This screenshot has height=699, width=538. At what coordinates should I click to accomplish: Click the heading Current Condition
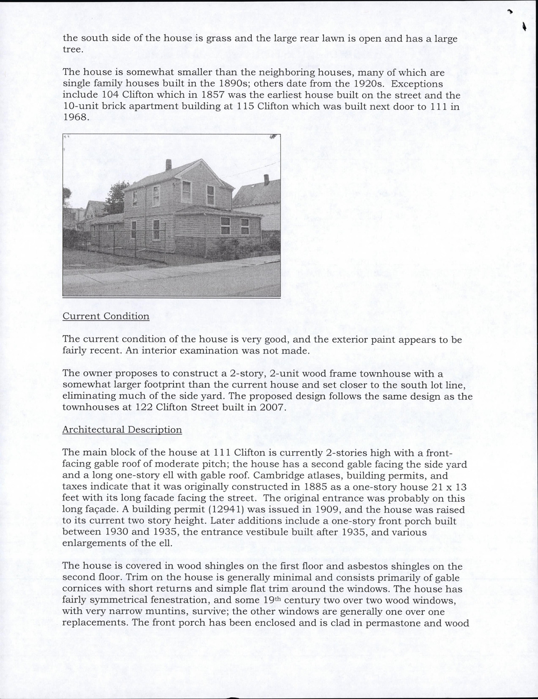click(106, 316)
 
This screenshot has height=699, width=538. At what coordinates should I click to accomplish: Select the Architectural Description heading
click(122, 430)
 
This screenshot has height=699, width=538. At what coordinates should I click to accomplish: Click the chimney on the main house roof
click(168, 164)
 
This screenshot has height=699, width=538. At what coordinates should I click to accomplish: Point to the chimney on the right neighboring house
click(266, 179)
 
